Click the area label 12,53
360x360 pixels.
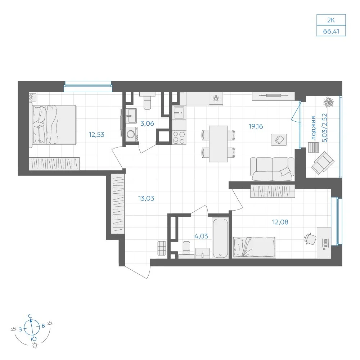tap(96, 135)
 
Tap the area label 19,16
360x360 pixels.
tap(256, 126)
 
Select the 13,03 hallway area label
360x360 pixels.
tap(146, 198)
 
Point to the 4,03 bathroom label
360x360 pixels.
tap(201, 236)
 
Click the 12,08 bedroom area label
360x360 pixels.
tap(280, 222)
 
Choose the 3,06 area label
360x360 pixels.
tap(147, 123)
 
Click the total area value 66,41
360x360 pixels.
tap(331, 31)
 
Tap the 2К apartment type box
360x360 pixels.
tap(331, 20)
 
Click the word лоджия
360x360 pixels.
tap(314, 128)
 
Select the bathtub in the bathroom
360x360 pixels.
tap(220, 238)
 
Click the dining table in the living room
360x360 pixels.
tap(218, 144)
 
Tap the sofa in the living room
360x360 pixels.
tap(272, 169)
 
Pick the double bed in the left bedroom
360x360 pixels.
tap(54, 125)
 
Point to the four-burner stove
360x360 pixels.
tap(179, 137)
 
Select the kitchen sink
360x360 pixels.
tap(179, 113)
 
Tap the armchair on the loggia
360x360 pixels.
tap(323, 163)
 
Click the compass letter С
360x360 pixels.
tap(30, 316)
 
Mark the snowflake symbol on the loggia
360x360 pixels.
tap(328, 102)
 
